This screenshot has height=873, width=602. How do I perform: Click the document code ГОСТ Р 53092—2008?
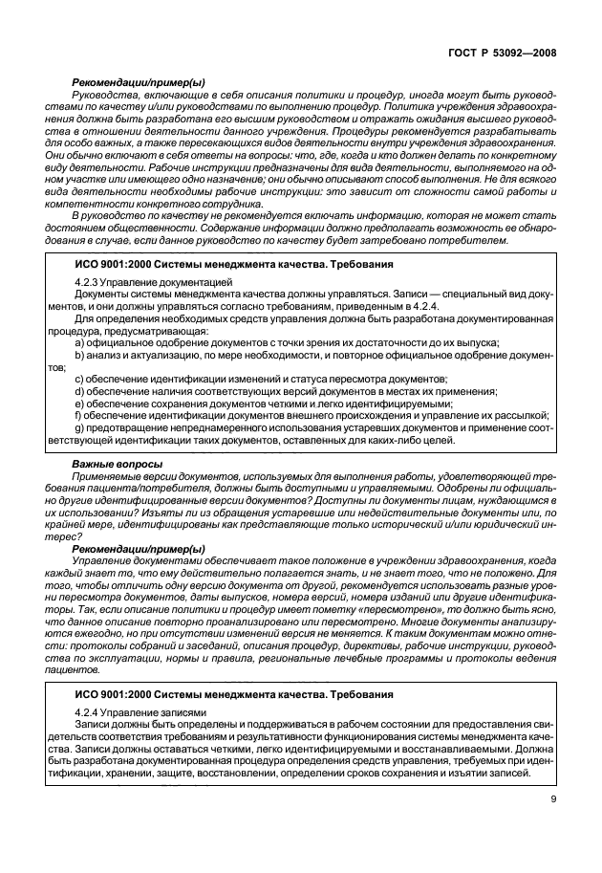(501, 55)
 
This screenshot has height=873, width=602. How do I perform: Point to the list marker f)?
(78, 415)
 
